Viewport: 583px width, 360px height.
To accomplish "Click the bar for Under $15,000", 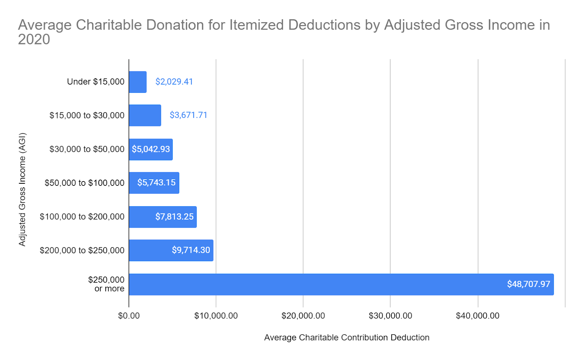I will tap(138, 82).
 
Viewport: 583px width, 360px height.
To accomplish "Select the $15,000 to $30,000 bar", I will tap(145, 116).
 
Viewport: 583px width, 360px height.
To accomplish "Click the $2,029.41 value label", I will tap(174, 82).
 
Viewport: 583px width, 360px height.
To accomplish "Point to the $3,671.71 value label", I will tap(188, 115).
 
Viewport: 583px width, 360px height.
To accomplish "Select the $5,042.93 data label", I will tap(151, 149).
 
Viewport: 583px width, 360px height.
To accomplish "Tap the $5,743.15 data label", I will tap(156, 183).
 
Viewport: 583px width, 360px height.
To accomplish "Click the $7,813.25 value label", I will tap(175, 217).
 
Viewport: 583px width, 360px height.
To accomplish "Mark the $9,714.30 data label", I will tap(191, 250).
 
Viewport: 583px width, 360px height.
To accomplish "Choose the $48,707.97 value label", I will tap(528, 284).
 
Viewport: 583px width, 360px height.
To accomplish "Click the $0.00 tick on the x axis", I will tap(129, 316).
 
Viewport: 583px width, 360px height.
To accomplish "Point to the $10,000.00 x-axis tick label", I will tap(216, 316).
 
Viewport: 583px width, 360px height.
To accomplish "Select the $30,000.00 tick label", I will tap(390, 316).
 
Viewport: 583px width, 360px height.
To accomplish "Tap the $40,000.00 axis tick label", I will tap(478, 316).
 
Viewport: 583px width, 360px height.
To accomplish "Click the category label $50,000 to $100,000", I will tap(85, 183).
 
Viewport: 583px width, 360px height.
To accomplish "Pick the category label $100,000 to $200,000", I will tap(82, 217).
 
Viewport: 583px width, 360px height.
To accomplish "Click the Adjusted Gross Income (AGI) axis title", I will tap(22, 189).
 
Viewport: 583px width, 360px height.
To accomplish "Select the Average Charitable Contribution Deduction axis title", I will tap(347, 338).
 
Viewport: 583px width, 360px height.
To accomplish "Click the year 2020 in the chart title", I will tap(34, 40).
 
